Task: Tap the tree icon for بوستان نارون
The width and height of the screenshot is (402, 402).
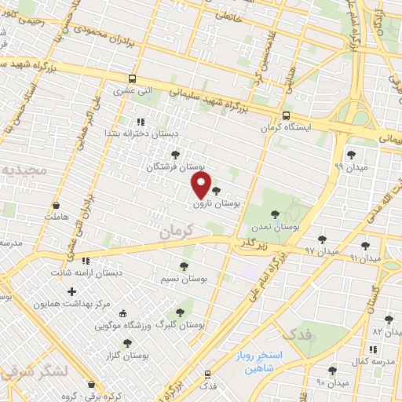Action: click(x=216, y=190)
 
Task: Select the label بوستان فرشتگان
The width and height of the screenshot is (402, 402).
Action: click(x=175, y=167)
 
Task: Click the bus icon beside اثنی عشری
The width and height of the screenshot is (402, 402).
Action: click(x=132, y=79)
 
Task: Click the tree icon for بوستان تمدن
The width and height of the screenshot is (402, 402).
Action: click(x=275, y=214)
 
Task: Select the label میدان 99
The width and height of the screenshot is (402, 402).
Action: click(x=349, y=166)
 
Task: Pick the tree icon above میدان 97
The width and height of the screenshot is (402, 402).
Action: click(x=322, y=239)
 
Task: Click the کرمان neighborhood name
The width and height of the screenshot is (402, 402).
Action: click(x=174, y=233)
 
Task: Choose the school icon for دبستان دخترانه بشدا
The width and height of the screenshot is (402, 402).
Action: click(x=141, y=122)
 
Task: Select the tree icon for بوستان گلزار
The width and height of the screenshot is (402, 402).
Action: click(x=127, y=342)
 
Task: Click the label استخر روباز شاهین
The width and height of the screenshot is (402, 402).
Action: click(x=261, y=360)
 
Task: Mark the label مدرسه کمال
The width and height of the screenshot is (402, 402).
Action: click(x=370, y=359)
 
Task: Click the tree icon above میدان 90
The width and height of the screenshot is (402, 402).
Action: click(x=332, y=370)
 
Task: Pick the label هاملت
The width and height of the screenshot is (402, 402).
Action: click(x=59, y=214)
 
